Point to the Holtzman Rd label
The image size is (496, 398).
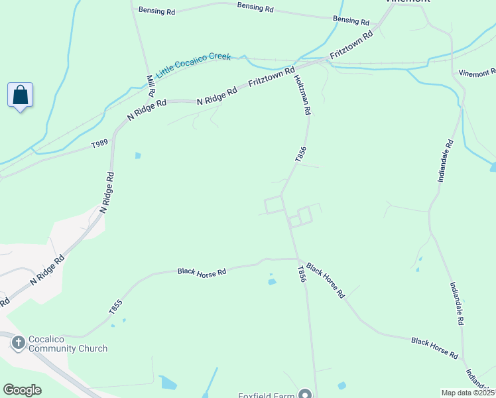coord(301,95)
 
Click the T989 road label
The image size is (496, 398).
coord(99,143)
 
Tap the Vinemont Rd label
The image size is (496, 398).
coord(477,72)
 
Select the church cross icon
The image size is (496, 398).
coord(18,342)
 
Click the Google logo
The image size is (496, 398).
coord(22,390)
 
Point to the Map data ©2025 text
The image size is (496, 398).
coord(468,393)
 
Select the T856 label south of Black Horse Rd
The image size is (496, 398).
coord(302,275)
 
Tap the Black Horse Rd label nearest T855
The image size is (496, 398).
coord(202,272)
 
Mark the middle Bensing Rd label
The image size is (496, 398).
coord(255,8)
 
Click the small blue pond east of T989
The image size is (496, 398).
coord(138,156)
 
